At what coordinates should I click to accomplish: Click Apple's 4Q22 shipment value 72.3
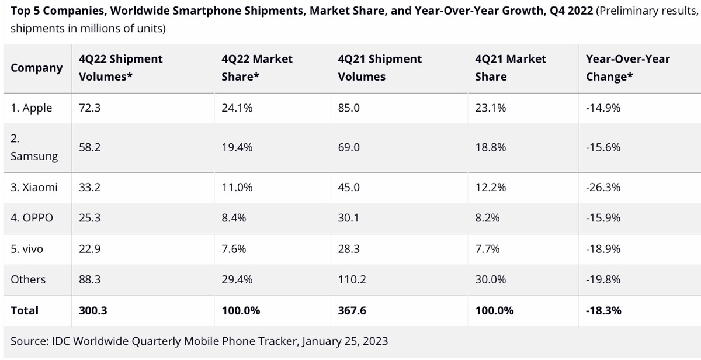tap(90, 108)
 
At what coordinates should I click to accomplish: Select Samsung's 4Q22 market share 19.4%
tap(237, 148)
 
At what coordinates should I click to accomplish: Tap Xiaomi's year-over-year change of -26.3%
tap(603, 188)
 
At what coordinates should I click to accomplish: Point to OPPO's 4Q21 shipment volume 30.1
tap(348, 218)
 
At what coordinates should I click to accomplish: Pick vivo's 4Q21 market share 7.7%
tap(487, 249)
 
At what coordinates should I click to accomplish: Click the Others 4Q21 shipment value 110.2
tap(352, 280)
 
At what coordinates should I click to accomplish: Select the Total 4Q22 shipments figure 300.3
tap(93, 311)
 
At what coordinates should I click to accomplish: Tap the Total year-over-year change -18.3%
tap(603, 311)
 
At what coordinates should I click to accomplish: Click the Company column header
tap(36, 68)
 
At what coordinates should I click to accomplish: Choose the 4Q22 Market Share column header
tap(257, 68)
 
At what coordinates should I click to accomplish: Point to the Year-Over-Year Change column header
tap(627, 68)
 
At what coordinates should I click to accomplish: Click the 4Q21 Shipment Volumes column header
tap(380, 68)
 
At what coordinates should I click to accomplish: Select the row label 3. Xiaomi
tap(34, 188)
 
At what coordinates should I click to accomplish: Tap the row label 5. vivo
tap(27, 249)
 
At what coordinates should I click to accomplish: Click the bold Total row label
tap(25, 311)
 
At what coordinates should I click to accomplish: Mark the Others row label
tap(28, 280)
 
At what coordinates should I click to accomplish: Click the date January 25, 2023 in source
tap(345, 341)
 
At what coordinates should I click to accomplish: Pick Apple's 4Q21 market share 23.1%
tap(490, 108)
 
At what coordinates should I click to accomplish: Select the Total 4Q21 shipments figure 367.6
tap(352, 311)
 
